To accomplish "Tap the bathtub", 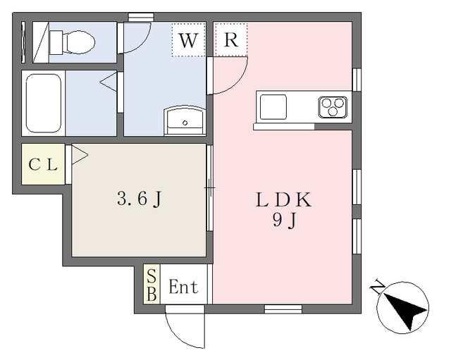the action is (x=44, y=104).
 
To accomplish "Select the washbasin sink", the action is (x=185, y=120).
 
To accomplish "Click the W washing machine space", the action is (x=188, y=40).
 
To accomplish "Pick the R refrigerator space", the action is (x=230, y=39).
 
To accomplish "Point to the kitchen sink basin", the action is (x=273, y=107).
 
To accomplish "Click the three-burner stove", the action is (x=333, y=107).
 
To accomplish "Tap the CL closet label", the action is (x=43, y=165).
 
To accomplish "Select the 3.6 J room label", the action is (x=140, y=199).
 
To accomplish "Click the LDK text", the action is (x=283, y=200).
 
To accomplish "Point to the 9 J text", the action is (x=284, y=221).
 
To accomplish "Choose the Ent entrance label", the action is (x=183, y=287).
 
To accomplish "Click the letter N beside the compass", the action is (x=378, y=287).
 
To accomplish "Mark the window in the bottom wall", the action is (x=283, y=309).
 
